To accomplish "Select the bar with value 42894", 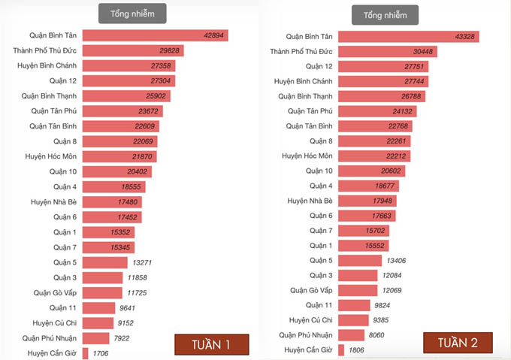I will tap(155, 35).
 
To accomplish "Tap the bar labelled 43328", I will tap(408, 36).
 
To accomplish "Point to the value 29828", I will tap(170, 50).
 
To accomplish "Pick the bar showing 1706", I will tap(85, 353).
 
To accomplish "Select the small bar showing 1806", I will tap(341, 350).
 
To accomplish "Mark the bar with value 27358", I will tap(127, 65).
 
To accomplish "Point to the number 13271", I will tap(144, 262).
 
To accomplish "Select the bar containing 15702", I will tap(364, 230).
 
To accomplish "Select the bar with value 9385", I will tap(353, 320).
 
